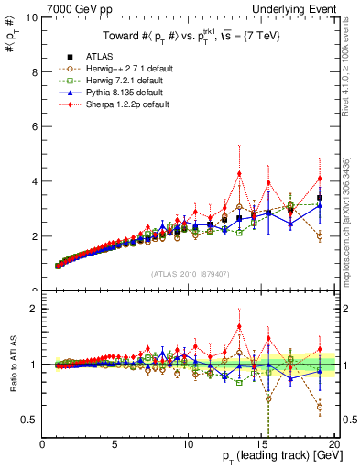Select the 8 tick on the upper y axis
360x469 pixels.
pyautogui.click(x=34, y=71)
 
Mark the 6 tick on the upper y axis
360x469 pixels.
pyautogui.click(x=34, y=126)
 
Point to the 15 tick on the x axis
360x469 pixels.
pyautogui.click(x=262, y=445)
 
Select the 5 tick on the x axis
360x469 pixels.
pyautogui.click(x=115, y=445)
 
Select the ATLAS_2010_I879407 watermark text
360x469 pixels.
pyautogui.click(x=189, y=272)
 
